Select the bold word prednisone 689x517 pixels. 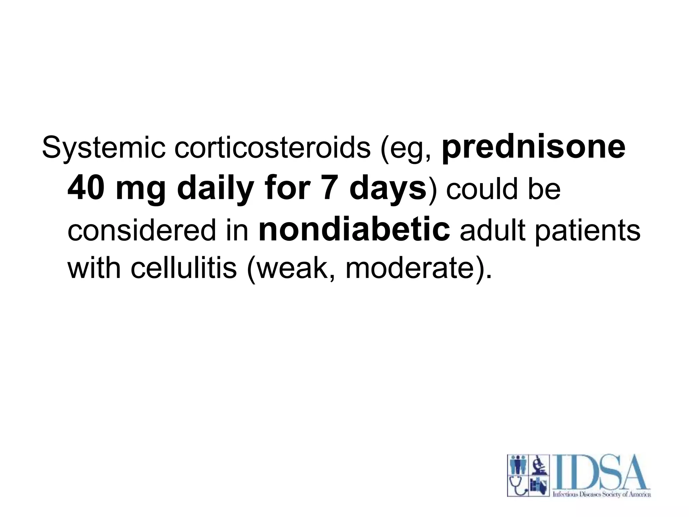point(534,148)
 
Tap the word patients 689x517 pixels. point(587,231)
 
